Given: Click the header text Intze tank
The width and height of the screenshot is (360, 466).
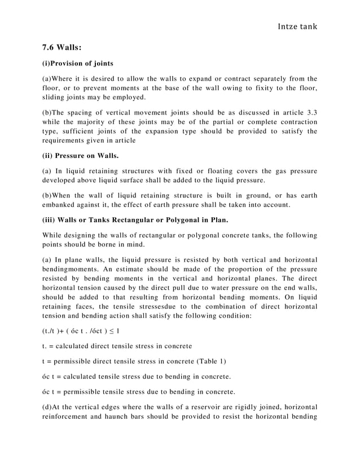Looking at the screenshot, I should (x=293, y=26).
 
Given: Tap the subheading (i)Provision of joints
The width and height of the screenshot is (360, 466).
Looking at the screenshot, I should (x=78, y=63).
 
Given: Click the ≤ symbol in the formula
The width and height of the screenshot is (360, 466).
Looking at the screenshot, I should (x=111, y=330).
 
